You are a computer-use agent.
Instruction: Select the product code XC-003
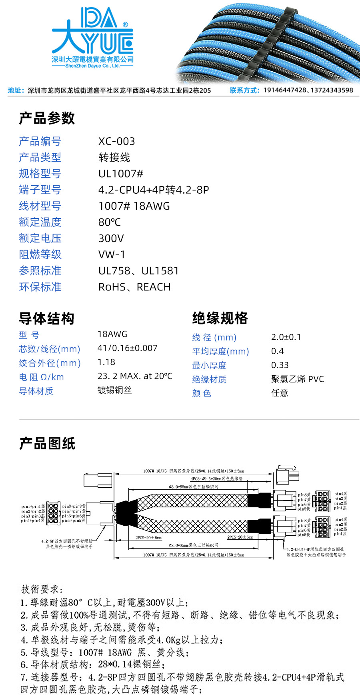coord(116,141)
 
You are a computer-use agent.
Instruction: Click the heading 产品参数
coord(47,118)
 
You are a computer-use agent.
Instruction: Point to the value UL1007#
coord(121,174)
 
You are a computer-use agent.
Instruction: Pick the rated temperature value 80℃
coord(109,222)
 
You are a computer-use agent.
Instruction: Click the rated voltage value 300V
coord(111,238)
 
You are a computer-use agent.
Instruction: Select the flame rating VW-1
coord(112,254)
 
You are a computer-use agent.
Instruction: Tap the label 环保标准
coord(40,287)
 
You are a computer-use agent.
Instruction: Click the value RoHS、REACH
coord(134,287)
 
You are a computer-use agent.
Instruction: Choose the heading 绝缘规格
coord(220,318)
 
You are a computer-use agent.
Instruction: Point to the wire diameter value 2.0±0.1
coord(286,337)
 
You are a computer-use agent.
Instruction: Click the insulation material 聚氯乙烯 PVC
coord(297,379)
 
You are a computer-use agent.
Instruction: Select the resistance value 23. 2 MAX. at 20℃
coord(135,376)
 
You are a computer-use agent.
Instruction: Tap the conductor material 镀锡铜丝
coord(114,390)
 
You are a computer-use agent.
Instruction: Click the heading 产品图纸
coord(47,444)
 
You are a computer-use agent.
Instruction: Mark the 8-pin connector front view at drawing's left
coord(53,513)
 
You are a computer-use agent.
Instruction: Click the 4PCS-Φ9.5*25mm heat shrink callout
coord(216,479)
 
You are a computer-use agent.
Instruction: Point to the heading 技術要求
coord(42,589)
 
